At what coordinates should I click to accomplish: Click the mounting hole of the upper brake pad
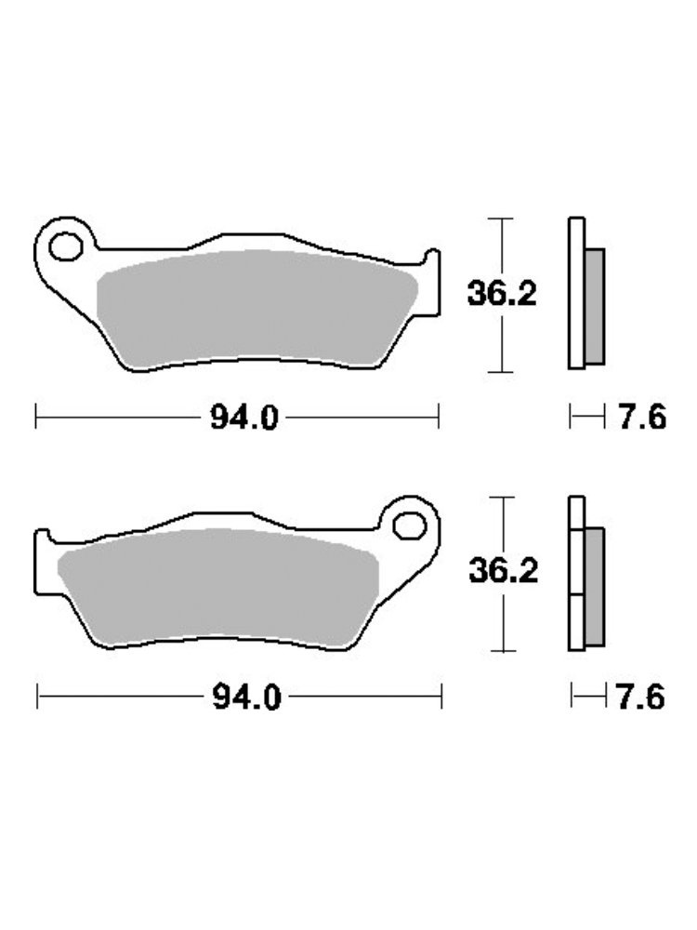(66, 246)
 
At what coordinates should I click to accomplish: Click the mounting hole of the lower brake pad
(410, 526)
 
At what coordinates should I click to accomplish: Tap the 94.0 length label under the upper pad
(244, 418)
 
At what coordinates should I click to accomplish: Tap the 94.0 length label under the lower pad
(246, 698)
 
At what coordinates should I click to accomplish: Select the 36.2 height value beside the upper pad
(502, 294)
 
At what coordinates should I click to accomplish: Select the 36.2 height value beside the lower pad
(503, 571)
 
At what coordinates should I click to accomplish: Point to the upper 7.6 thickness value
(642, 417)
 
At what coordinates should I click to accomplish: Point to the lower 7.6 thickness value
(641, 697)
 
